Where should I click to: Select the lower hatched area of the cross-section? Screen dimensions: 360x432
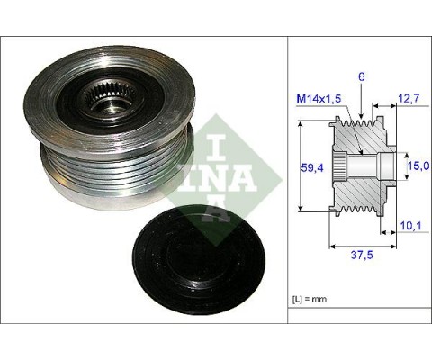(360, 193)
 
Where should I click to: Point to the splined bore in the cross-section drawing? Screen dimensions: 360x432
(341, 166)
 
